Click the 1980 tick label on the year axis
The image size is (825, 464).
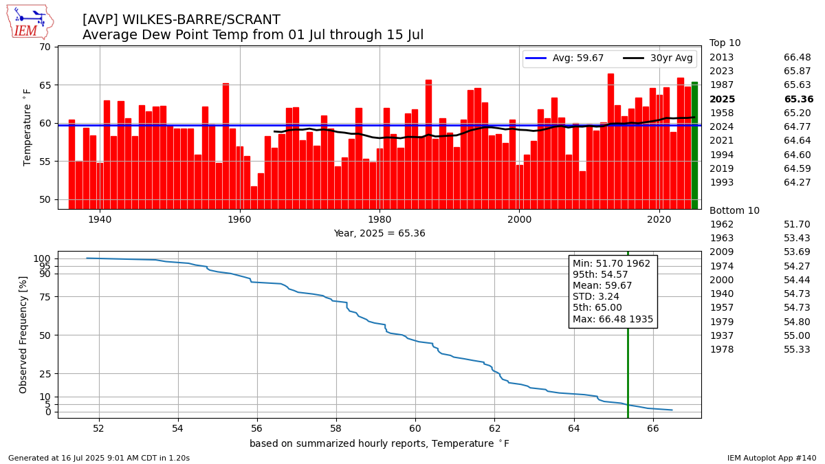379,219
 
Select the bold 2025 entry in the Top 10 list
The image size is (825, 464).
722,99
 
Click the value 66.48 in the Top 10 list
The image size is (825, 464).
797,57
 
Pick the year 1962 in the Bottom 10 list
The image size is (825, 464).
722,224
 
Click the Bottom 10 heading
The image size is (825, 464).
734,210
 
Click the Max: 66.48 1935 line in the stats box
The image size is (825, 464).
613,319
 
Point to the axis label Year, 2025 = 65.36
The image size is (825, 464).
379,233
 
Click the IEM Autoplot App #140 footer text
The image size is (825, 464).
771,458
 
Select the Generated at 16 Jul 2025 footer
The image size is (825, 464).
99,458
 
